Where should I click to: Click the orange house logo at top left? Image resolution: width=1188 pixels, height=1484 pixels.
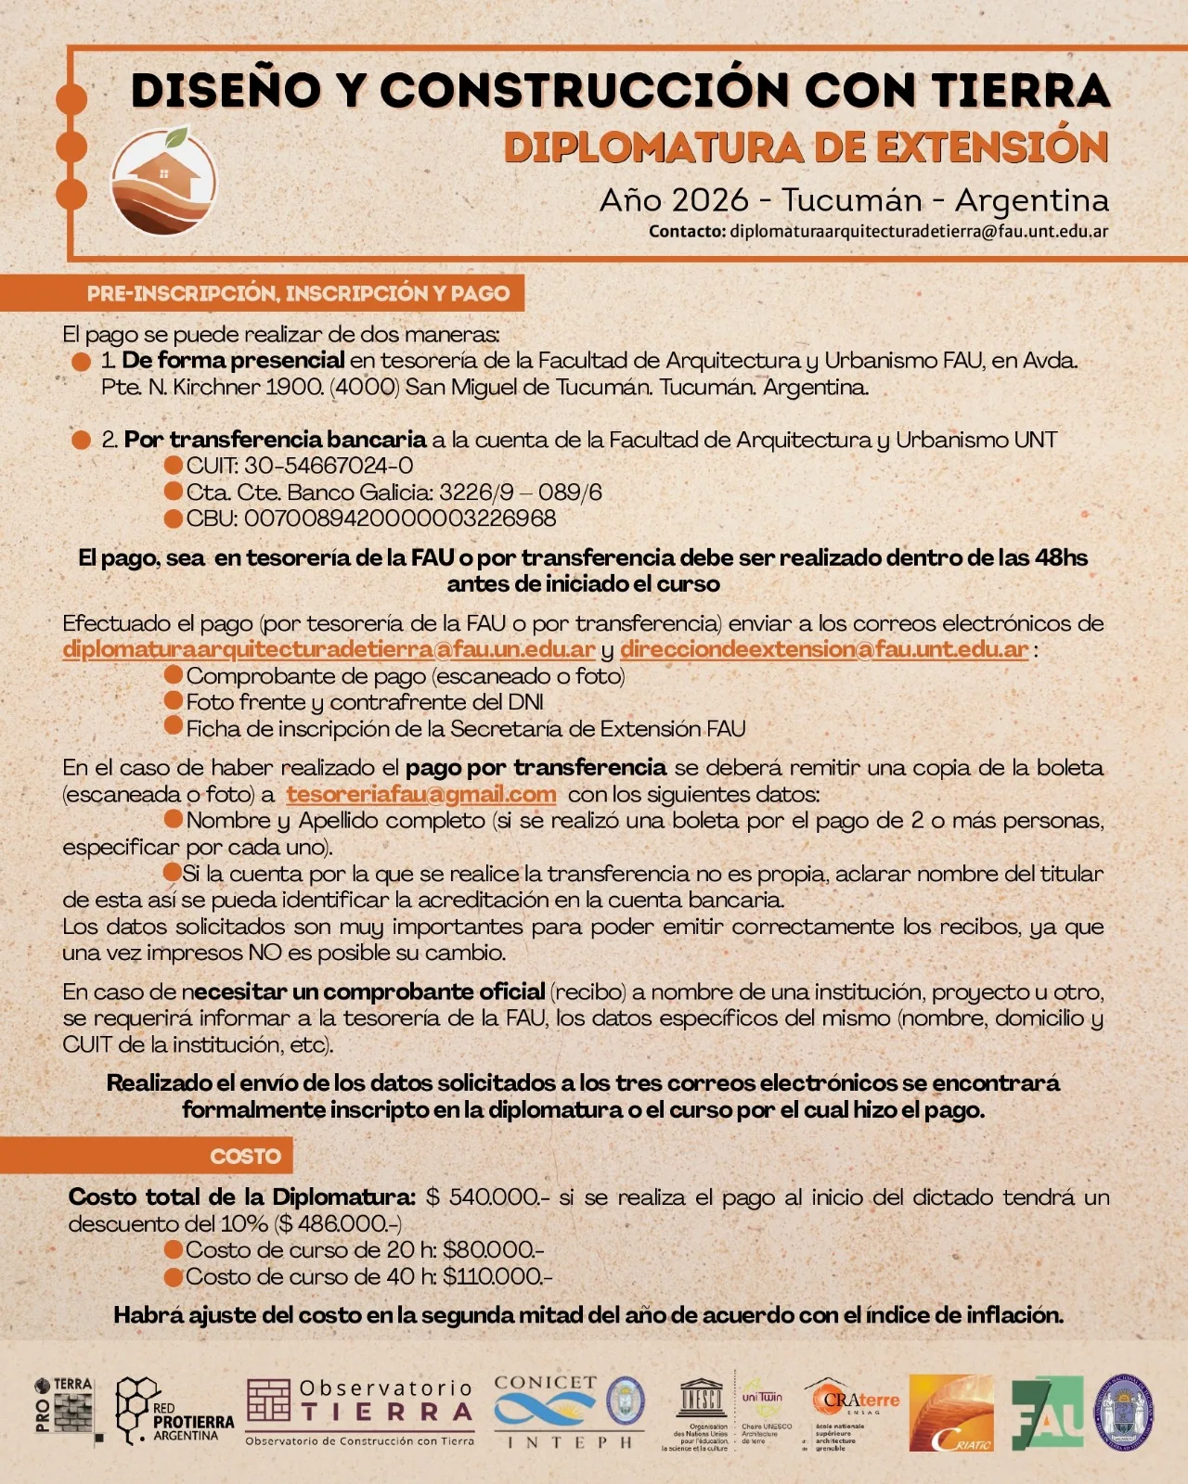pyautogui.click(x=164, y=182)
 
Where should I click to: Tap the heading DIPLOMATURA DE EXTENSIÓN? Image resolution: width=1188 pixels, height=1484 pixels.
pyautogui.click(x=806, y=148)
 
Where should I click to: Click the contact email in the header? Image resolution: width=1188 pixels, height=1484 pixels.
pyautogui.click(x=918, y=231)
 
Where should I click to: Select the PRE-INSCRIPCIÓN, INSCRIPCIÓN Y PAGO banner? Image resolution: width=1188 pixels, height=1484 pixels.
pyautogui.click(x=297, y=293)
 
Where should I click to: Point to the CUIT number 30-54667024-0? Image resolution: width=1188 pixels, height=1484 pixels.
pyautogui.click(x=329, y=466)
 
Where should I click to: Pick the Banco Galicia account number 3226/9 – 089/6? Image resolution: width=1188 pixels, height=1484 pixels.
pyautogui.click(x=521, y=493)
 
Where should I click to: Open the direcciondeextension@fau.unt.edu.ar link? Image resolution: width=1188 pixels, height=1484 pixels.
pyautogui.click(x=823, y=649)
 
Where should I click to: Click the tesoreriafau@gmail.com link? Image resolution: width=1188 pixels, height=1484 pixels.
pyautogui.click(x=421, y=795)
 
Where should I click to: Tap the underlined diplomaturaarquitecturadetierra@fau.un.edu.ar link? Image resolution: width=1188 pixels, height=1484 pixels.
pyautogui.click(x=329, y=649)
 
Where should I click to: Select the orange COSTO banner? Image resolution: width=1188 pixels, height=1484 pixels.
pyautogui.click(x=245, y=1157)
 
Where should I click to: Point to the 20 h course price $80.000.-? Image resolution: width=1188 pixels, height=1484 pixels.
pyautogui.click(x=493, y=1250)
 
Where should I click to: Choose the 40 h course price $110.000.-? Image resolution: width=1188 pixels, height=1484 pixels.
pyautogui.click(x=497, y=1277)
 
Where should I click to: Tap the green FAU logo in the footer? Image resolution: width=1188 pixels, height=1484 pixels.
pyautogui.click(x=1046, y=1413)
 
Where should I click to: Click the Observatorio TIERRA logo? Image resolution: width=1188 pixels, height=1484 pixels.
pyautogui.click(x=360, y=1411)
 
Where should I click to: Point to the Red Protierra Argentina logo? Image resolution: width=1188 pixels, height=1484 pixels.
pyautogui.click(x=174, y=1412)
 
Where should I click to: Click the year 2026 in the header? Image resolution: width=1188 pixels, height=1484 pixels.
pyautogui.click(x=710, y=200)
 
